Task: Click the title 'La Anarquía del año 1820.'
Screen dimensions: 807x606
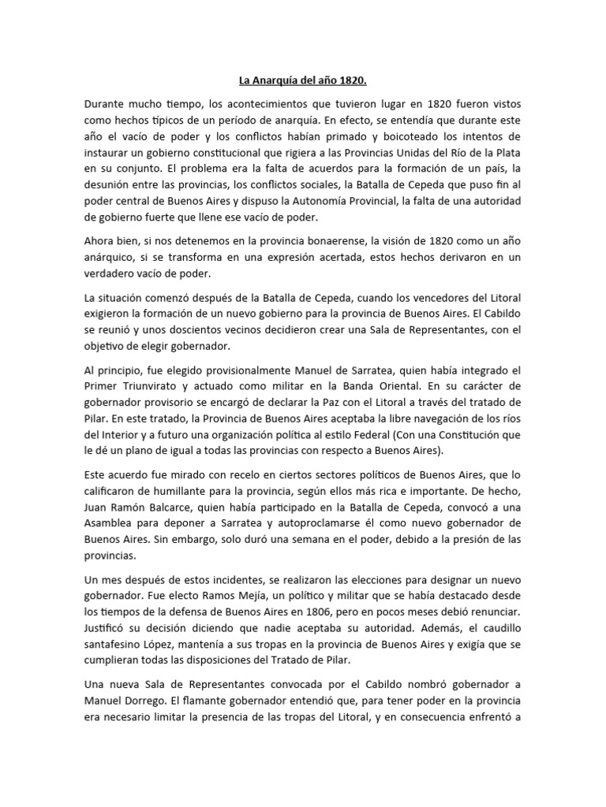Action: pos(303,80)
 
